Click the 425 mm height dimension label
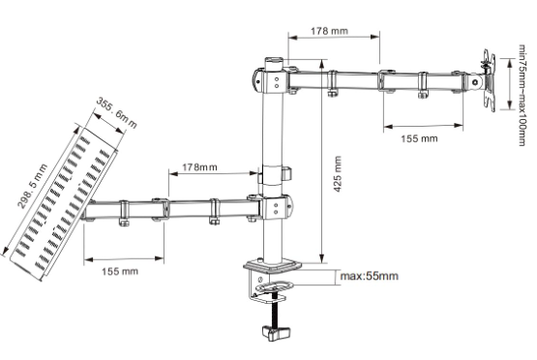pyautogui.click(x=338, y=174)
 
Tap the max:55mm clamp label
pyautogui.click(x=370, y=276)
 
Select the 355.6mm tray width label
pyautogui.click(x=116, y=112)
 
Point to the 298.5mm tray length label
pyautogui.click(x=33, y=186)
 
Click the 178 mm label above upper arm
pyautogui.click(x=329, y=31)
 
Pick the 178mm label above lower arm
pyautogui.click(x=199, y=167)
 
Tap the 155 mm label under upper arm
pyautogui.click(x=419, y=138)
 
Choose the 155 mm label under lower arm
pyautogui.click(x=120, y=271)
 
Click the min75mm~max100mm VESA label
pyautogui.click(x=522, y=95)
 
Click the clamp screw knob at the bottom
pyautogui.click(x=276, y=333)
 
